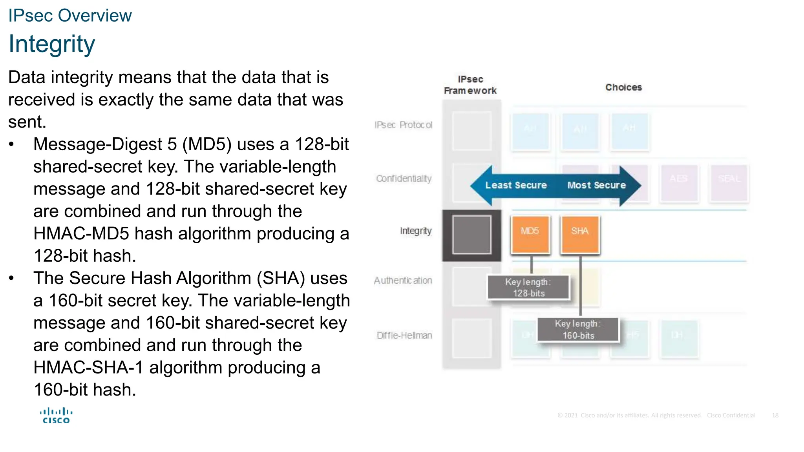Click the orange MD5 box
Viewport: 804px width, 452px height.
530,234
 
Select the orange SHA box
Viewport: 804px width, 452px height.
580,234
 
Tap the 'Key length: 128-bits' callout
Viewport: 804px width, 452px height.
528,288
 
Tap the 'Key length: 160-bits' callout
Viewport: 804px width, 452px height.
578,330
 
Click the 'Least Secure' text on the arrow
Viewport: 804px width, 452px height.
516,185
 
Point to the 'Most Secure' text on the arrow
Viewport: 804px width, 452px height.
596,185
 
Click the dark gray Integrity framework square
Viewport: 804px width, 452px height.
471,235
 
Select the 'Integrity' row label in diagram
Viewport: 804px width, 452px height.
415,231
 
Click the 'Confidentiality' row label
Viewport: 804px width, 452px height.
404,179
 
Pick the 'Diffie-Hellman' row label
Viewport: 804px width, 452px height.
404,335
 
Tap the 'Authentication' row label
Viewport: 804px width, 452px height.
403,281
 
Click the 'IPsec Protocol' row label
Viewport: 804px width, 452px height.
403,125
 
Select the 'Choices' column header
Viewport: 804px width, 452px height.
623,87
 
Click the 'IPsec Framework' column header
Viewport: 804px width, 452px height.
470,85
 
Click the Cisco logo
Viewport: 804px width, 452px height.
56,416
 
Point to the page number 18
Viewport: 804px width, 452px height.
775,415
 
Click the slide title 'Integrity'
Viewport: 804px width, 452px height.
51,44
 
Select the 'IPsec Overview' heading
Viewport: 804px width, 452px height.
70,16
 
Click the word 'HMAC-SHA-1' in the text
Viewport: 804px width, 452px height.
88,368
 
